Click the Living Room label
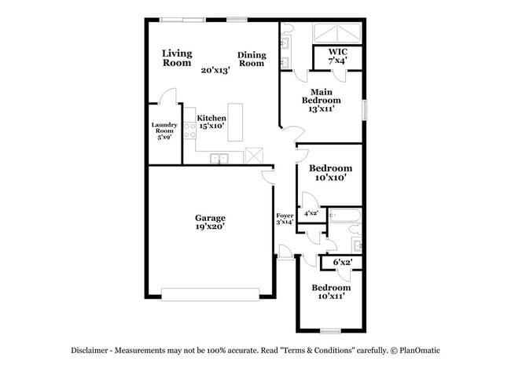click(x=177, y=58)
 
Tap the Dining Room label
click(x=252, y=59)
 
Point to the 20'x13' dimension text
click(x=215, y=70)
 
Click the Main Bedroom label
click(x=321, y=101)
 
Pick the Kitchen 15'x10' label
click(x=211, y=122)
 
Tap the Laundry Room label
click(x=164, y=131)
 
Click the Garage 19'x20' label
click(x=211, y=222)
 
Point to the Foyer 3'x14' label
click(x=285, y=219)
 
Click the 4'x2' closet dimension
click(x=311, y=212)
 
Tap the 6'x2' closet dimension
click(x=342, y=262)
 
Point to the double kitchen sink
click(x=219, y=158)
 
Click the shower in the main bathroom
click(x=337, y=33)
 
